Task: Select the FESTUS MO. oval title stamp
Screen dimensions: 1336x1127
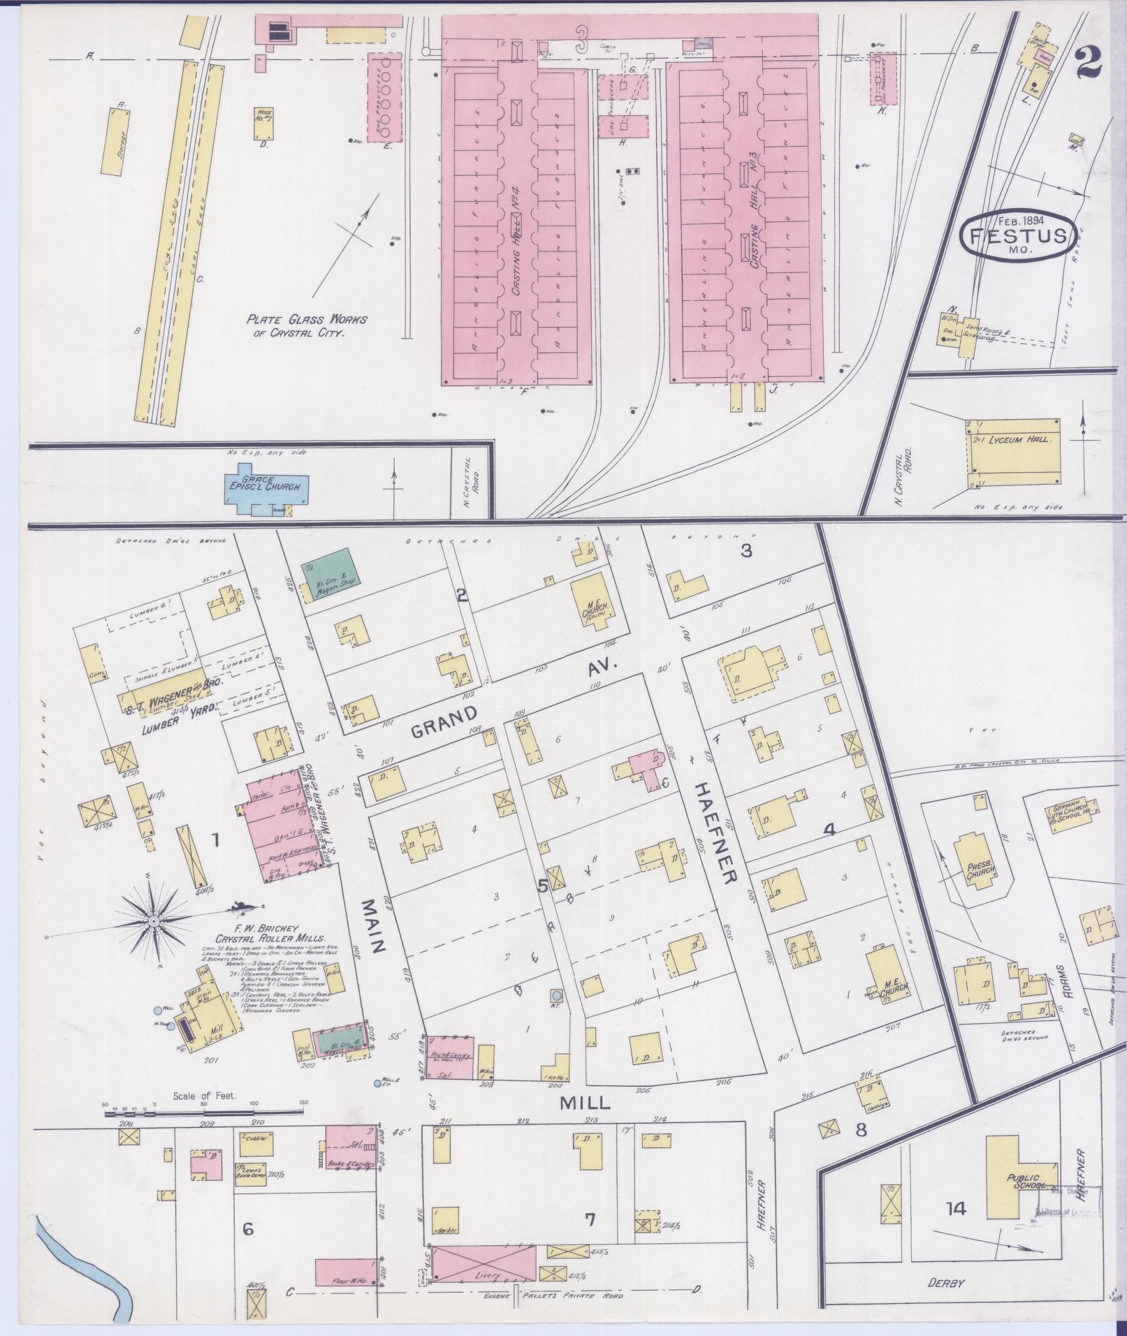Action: coord(1017,235)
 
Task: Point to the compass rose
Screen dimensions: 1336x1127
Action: coord(152,922)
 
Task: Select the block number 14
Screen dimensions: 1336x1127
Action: coord(955,1208)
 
